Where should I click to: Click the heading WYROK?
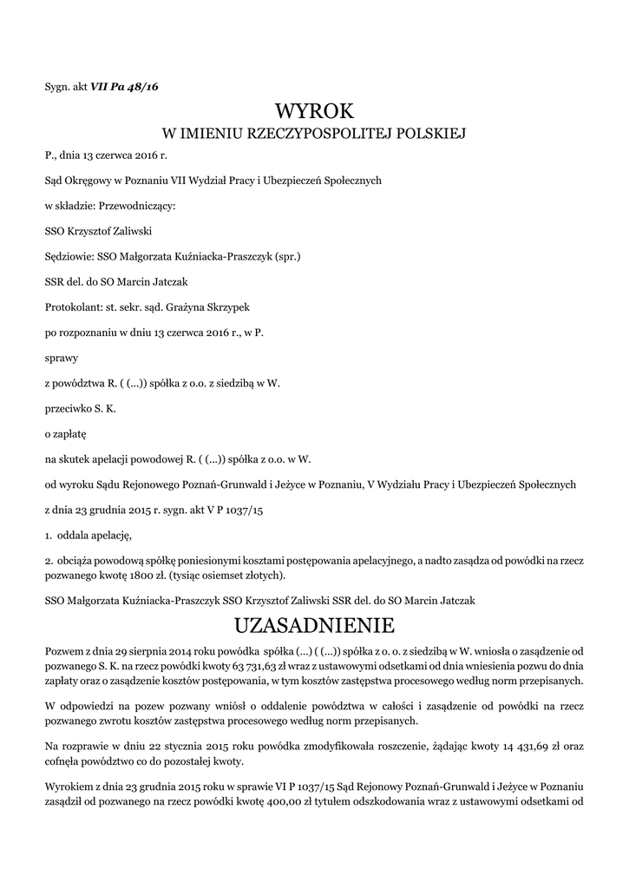click(314, 111)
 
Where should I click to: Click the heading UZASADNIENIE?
click(314, 625)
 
